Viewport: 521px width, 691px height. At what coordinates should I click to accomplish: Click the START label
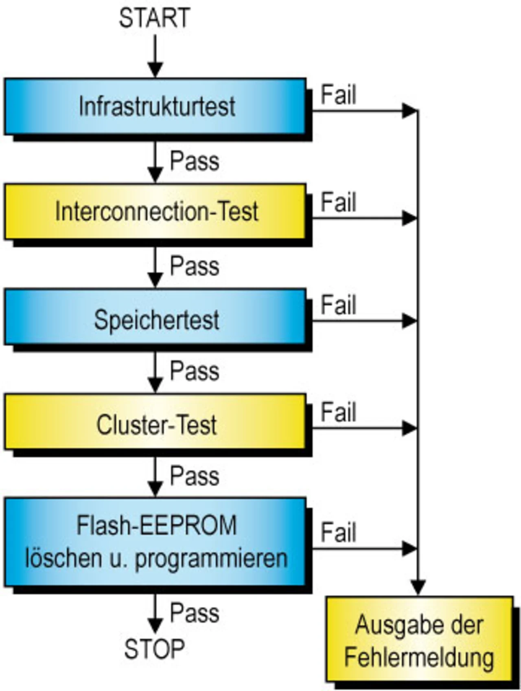[x=154, y=18]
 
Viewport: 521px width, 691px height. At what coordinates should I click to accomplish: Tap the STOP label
[x=154, y=649]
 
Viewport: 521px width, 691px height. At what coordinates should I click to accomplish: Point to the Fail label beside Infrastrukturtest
[x=338, y=95]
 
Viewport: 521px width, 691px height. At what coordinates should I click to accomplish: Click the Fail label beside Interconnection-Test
[x=338, y=202]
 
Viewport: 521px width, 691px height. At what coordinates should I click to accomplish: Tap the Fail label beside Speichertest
[x=338, y=305]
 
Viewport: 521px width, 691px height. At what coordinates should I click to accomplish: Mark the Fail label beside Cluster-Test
[x=338, y=412]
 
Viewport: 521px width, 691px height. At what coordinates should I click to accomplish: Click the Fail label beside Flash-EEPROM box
[x=338, y=533]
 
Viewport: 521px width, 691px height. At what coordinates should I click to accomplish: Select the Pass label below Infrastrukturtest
[x=195, y=161]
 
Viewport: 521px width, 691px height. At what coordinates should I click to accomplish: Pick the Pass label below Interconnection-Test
[x=195, y=266]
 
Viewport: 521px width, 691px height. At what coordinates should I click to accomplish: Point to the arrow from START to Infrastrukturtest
[x=155, y=56]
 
